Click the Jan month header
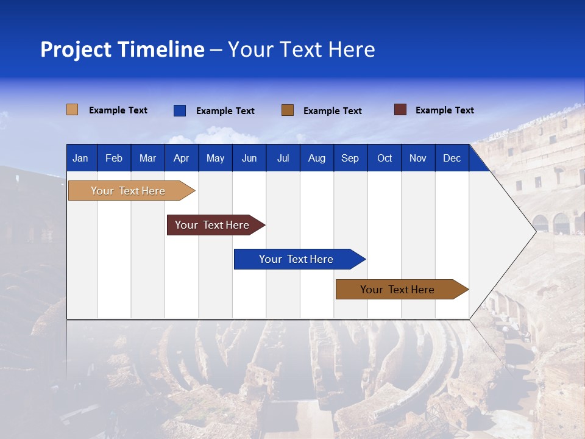pos(80,158)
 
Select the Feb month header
pos(114,158)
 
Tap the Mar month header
pos(147,158)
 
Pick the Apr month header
pos(182,158)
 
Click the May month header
pos(215,158)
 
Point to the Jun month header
pos(249,158)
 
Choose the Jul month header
pos(283,158)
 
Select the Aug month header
pos(317,158)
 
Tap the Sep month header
pos(350,158)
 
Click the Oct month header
pos(385,158)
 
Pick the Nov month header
pos(418,158)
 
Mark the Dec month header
pos(452,158)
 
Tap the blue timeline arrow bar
pos(297,259)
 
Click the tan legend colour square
pos(72,110)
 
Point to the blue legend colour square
pos(180,110)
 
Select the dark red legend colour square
pos(400,110)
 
